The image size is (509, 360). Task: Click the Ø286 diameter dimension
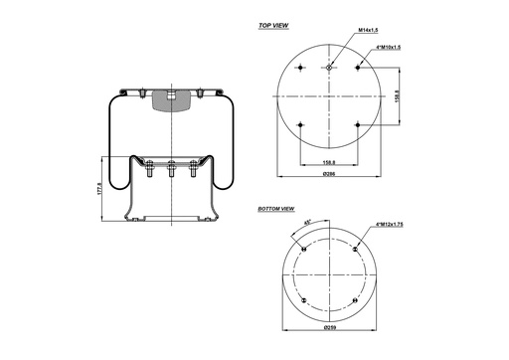point(328,174)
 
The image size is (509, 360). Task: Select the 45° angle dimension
point(309,222)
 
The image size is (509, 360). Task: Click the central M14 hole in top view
point(328,67)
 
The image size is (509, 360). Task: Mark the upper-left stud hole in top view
point(300,67)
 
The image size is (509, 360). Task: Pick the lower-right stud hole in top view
point(357,124)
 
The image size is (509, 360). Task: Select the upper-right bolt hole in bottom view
point(353,249)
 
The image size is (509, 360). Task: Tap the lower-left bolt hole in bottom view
point(303,297)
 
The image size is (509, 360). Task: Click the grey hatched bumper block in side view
point(170,100)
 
